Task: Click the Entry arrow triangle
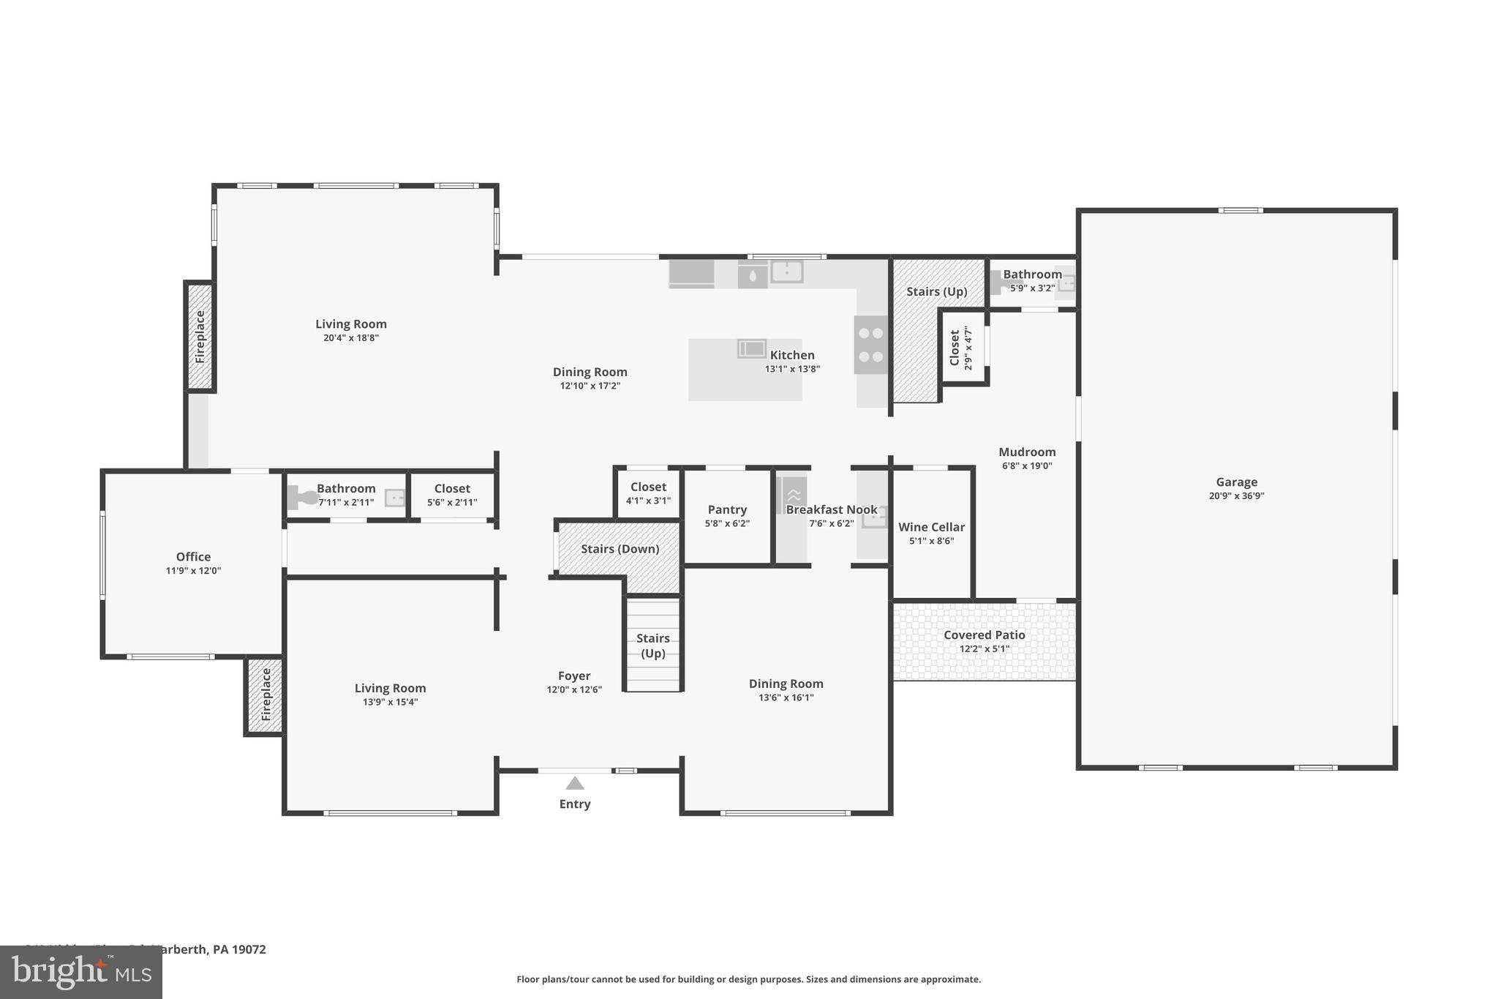pos(575,784)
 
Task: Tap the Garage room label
pos(1236,482)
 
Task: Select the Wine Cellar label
pos(931,527)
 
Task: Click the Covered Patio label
pos(984,635)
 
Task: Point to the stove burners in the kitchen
pos(870,345)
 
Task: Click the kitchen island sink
pos(751,348)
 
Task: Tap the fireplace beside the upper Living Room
pos(200,337)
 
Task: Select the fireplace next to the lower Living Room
pos(266,695)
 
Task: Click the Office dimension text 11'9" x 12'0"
pos(193,571)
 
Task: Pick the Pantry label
pos(727,509)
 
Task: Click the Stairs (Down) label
pos(620,549)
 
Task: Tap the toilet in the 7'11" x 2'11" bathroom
pos(302,498)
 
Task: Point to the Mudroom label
pos(1027,452)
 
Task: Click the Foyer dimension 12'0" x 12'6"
pos(574,689)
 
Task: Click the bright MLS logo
pos(81,972)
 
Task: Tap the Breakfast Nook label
pos(831,509)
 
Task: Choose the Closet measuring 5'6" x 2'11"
pos(452,495)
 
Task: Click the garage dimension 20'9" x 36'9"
pos(1236,495)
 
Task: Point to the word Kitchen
pos(792,355)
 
